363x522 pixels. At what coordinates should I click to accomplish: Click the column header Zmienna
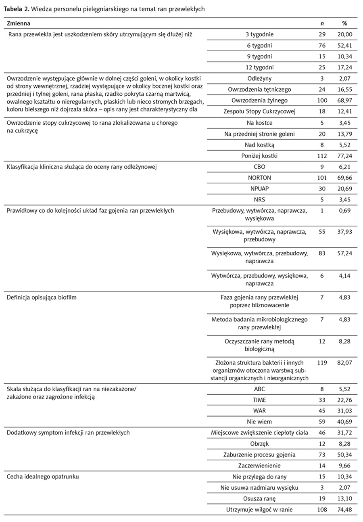(19, 24)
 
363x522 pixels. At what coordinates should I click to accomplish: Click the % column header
(344, 24)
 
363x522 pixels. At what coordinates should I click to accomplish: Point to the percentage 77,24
(344, 156)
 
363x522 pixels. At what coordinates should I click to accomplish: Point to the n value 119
(321, 363)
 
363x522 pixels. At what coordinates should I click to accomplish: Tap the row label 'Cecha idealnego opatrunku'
(43, 476)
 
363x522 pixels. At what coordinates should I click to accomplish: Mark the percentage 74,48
(344, 509)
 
